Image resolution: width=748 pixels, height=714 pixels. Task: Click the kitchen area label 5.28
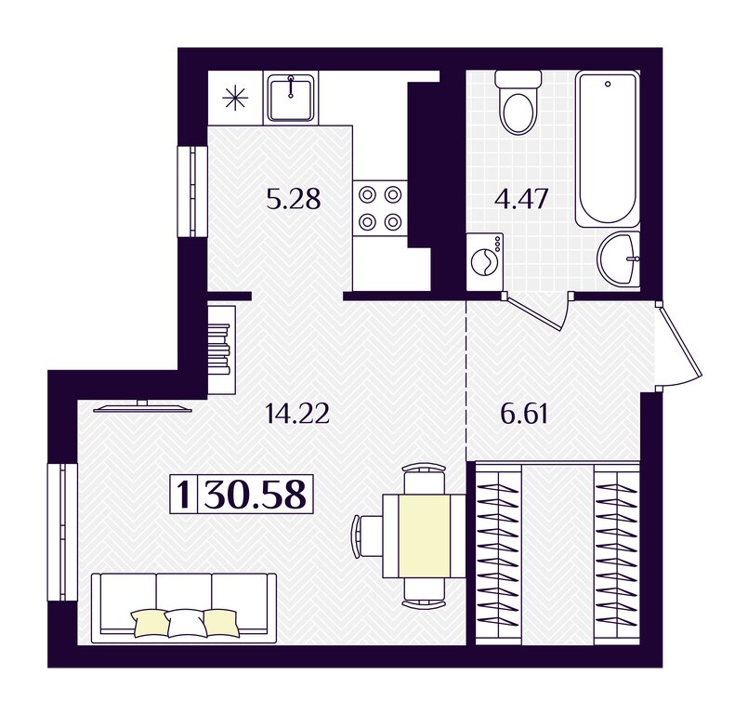[294, 199]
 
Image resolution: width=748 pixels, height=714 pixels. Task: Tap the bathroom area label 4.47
[521, 199]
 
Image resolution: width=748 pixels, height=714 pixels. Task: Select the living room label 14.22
[296, 414]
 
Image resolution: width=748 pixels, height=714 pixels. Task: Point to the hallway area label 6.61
[524, 414]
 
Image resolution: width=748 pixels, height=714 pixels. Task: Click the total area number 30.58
[255, 494]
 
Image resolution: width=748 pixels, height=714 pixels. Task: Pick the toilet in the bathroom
[518, 101]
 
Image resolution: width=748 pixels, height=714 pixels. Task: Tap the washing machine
[485, 261]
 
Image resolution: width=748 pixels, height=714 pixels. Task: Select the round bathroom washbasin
[619, 259]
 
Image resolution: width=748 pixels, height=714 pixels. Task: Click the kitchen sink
[290, 98]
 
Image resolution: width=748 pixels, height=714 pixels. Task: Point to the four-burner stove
[380, 207]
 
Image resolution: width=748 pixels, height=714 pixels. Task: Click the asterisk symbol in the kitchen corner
[235, 99]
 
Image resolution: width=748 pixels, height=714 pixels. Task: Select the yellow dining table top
[425, 535]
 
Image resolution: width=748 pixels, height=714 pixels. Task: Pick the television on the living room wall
[142, 406]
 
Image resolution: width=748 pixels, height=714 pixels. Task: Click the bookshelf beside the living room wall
[221, 350]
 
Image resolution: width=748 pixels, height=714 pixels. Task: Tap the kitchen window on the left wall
[192, 191]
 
